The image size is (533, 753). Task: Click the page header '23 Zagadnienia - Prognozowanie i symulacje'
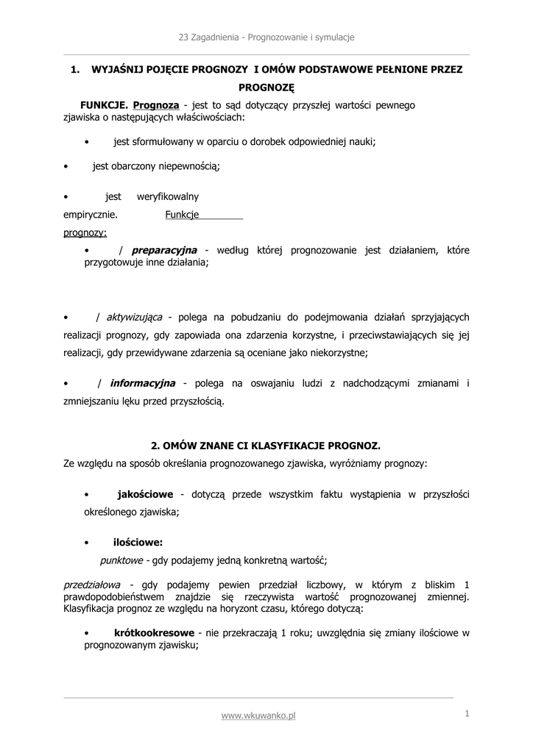pos(266,37)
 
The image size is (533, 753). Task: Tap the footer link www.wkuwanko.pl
pos(258,715)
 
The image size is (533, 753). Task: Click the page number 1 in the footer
pos(467,713)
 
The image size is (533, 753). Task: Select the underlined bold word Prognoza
pos(156,105)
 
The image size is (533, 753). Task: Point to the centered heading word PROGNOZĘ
pos(266,88)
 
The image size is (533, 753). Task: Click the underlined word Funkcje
pos(182,215)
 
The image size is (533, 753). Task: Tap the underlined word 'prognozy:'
pos(85,232)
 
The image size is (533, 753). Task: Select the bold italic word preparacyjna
pos(164,250)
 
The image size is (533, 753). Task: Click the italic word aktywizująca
pos(134,317)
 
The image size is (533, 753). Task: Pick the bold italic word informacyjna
pos(142,383)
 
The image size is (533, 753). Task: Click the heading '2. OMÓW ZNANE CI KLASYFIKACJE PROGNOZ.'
pos(266,446)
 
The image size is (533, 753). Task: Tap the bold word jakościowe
pos(145,493)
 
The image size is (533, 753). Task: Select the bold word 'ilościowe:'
pos(138,543)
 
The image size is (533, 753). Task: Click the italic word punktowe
pos(121,560)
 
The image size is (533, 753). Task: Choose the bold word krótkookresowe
pos(154,632)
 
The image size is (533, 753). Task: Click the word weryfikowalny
pos(168,197)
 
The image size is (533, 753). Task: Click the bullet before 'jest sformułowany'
pos(87,142)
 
